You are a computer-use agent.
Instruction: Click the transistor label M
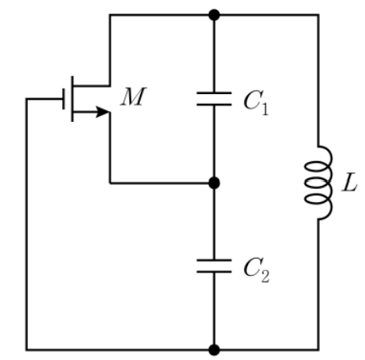133,97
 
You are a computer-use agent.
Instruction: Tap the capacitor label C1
256,102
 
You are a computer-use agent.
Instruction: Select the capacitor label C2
256,270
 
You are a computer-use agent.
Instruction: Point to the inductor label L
349,182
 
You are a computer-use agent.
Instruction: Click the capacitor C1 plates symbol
214,99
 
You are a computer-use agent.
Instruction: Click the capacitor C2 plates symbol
214,266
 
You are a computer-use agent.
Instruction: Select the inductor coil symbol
318,182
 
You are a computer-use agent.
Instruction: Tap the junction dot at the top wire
214,15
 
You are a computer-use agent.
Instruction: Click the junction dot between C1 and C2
214,182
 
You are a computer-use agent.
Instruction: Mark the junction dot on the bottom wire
214,350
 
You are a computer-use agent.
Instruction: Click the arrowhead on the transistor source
102,112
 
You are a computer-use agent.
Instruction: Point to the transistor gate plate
64,99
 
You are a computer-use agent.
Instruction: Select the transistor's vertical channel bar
72,99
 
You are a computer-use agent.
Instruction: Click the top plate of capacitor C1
214,93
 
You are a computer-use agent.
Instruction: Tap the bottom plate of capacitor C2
214,272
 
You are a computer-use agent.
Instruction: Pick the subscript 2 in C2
265,277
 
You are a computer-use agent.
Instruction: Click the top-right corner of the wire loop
318,15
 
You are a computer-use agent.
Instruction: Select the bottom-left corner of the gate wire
26,350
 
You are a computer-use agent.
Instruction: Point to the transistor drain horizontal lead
92,86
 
